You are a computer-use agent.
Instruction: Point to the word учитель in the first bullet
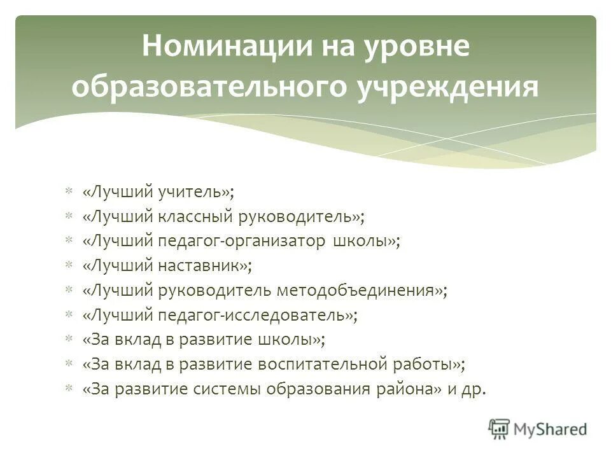(194, 191)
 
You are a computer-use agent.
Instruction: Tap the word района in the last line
(407, 389)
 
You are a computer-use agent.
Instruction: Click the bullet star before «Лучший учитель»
(69, 191)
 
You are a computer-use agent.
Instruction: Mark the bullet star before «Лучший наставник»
(69, 265)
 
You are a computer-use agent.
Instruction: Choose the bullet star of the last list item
(69, 389)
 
